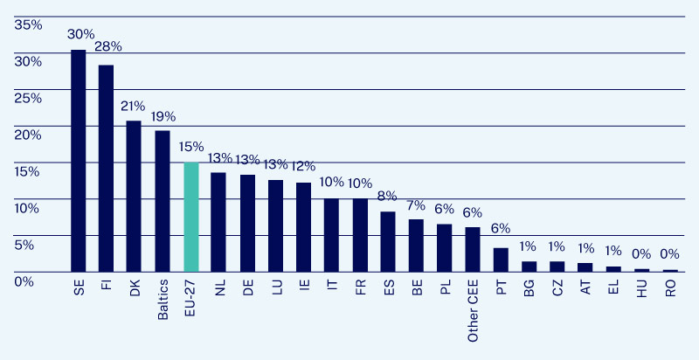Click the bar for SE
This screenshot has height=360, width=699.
click(x=78, y=161)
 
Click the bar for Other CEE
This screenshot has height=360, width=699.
click(x=473, y=250)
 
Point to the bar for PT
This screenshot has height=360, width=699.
click(x=501, y=260)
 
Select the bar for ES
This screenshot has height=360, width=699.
click(x=388, y=241)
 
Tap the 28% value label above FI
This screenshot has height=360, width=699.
click(x=108, y=46)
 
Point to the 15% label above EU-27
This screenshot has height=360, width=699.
click(x=190, y=146)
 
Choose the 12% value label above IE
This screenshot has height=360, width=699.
click(x=303, y=166)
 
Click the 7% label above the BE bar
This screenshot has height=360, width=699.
click(x=416, y=204)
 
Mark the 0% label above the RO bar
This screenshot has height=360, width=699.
click(x=669, y=254)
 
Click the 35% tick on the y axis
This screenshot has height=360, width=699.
click(x=28, y=24)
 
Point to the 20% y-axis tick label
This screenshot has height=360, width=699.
click(x=28, y=134)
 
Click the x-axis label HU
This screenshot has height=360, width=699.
click(x=641, y=290)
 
